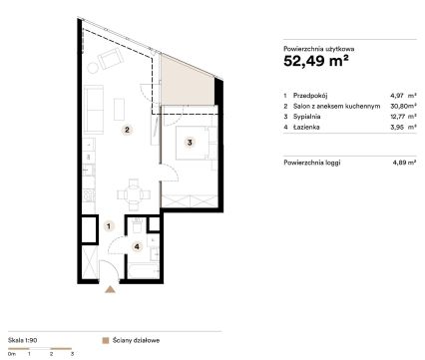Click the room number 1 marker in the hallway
click(x=109, y=226)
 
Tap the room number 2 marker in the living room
click(x=127, y=130)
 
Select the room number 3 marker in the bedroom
click(x=190, y=143)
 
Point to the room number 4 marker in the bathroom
click(x=137, y=246)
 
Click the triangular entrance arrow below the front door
click(x=110, y=289)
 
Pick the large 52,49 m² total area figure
click(x=316, y=61)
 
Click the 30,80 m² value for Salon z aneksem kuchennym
click(x=403, y=106)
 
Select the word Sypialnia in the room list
click(x=306, y=117)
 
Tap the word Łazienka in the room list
click(x=306, y=127)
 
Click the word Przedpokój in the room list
click(x=310, y=96)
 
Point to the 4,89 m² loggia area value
click(x=404, y=163)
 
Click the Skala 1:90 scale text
click(x=22, y=340)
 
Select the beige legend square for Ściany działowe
click(x=106, y=341)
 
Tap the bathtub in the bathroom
click(x=144, y=270)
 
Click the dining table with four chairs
click(x=134, y=194)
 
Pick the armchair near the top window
click(x=111, y=59)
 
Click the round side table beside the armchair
click(x=93, y=68)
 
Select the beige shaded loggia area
click(x=187, y=82)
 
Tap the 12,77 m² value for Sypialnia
click(x=403, y=117)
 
